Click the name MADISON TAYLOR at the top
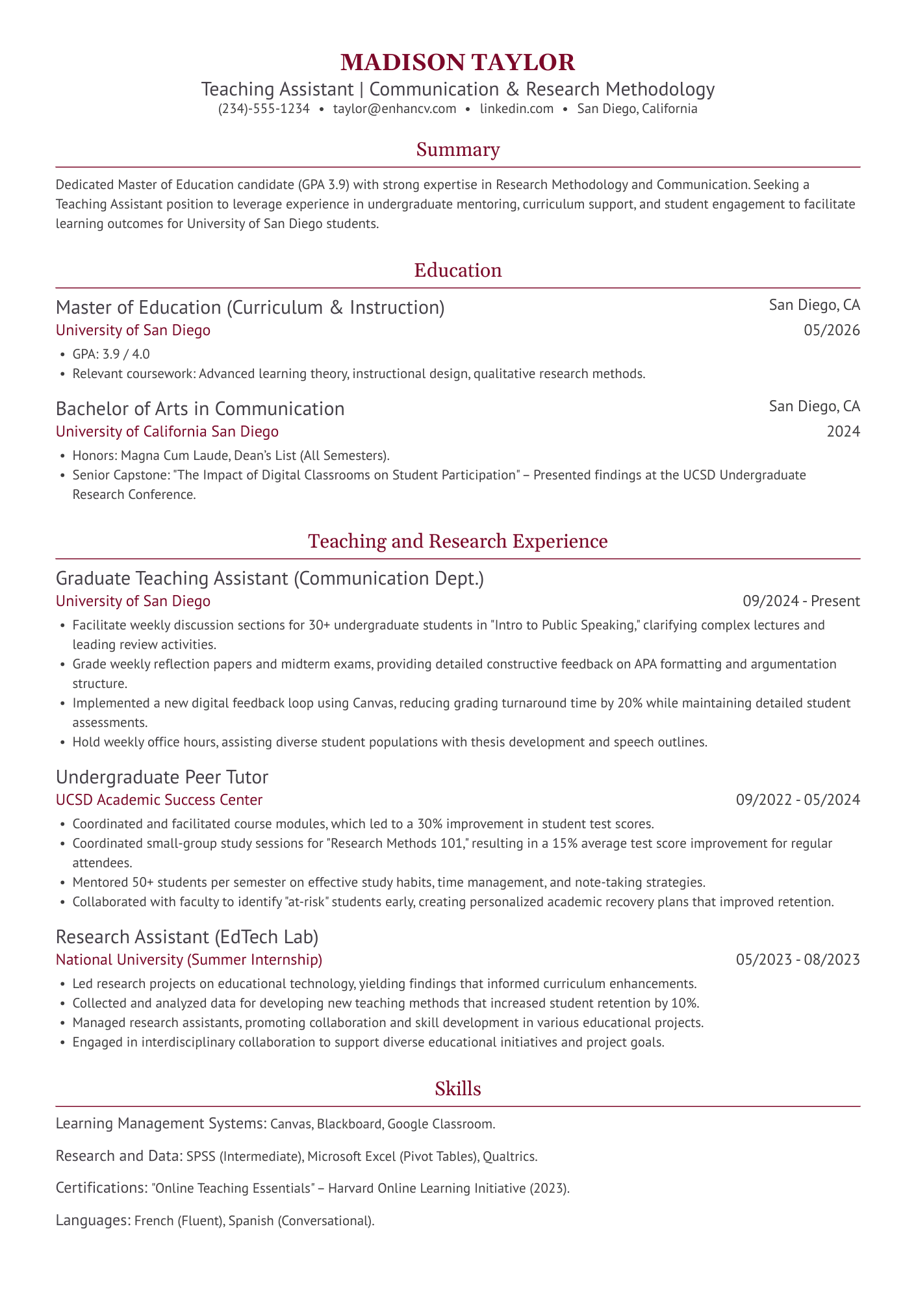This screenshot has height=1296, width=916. point(457,62)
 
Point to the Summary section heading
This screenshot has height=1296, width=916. point(457,150)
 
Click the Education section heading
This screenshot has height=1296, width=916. point(457,270)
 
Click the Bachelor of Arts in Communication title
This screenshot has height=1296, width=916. point(200,409)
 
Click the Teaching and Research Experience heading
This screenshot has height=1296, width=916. point(457,541)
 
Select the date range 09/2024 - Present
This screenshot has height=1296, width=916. point(801,601)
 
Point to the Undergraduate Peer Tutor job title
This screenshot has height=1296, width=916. point(162,777)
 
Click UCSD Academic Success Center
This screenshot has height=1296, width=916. point(159,800)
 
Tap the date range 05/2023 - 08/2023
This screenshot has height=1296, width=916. point(798,959)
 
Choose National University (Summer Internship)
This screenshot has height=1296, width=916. point(188,959)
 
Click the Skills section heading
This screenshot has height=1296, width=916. point(457,1089)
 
